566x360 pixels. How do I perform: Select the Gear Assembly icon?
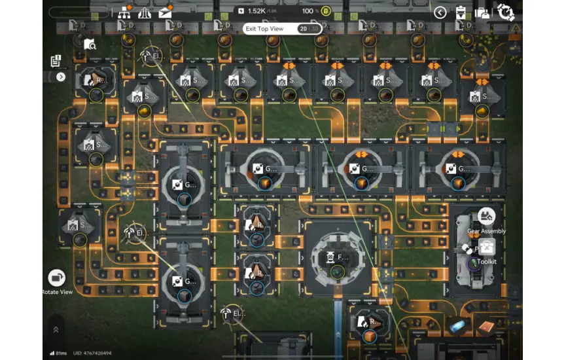[x=486, y=216]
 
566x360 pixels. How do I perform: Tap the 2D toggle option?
[x=303, y=29]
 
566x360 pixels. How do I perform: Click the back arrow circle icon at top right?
[x=440, y=12]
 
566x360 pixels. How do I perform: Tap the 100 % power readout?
[x=311, y=11]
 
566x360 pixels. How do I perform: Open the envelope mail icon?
[x=165, y=12]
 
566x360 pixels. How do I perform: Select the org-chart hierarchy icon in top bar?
[x=124, y=12]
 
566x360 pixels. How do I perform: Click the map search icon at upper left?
[x=90, y=44]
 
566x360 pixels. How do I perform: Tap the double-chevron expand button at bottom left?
[x=56, y=329]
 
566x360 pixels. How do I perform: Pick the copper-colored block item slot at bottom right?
[x=486, y=326]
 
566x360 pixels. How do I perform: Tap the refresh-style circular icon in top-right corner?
[x=505, y=12]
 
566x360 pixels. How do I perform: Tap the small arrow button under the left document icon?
[x=61, y=77]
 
